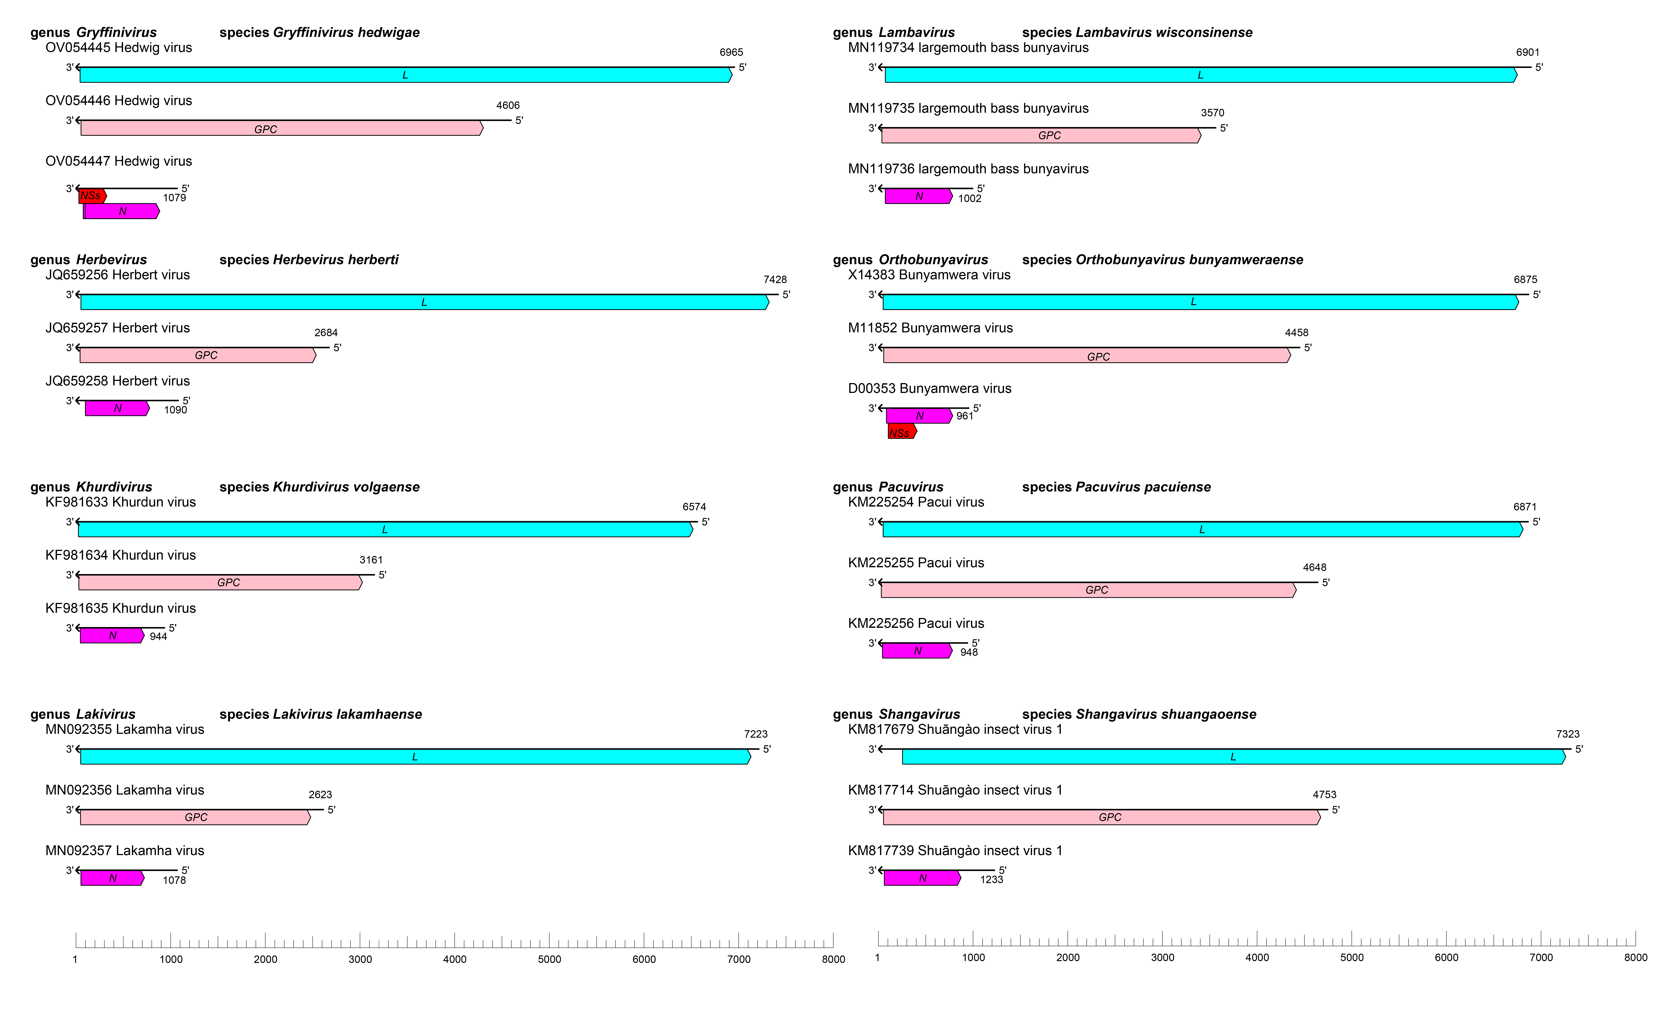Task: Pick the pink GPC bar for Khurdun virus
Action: pos(220,582)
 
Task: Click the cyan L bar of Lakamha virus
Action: pos(415,757)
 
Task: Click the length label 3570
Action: pos(1212,113)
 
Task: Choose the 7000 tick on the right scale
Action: pos(1540,957)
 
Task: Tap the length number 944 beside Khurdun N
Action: pos(158,636)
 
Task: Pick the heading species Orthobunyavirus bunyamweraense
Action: pos(1162,259)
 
